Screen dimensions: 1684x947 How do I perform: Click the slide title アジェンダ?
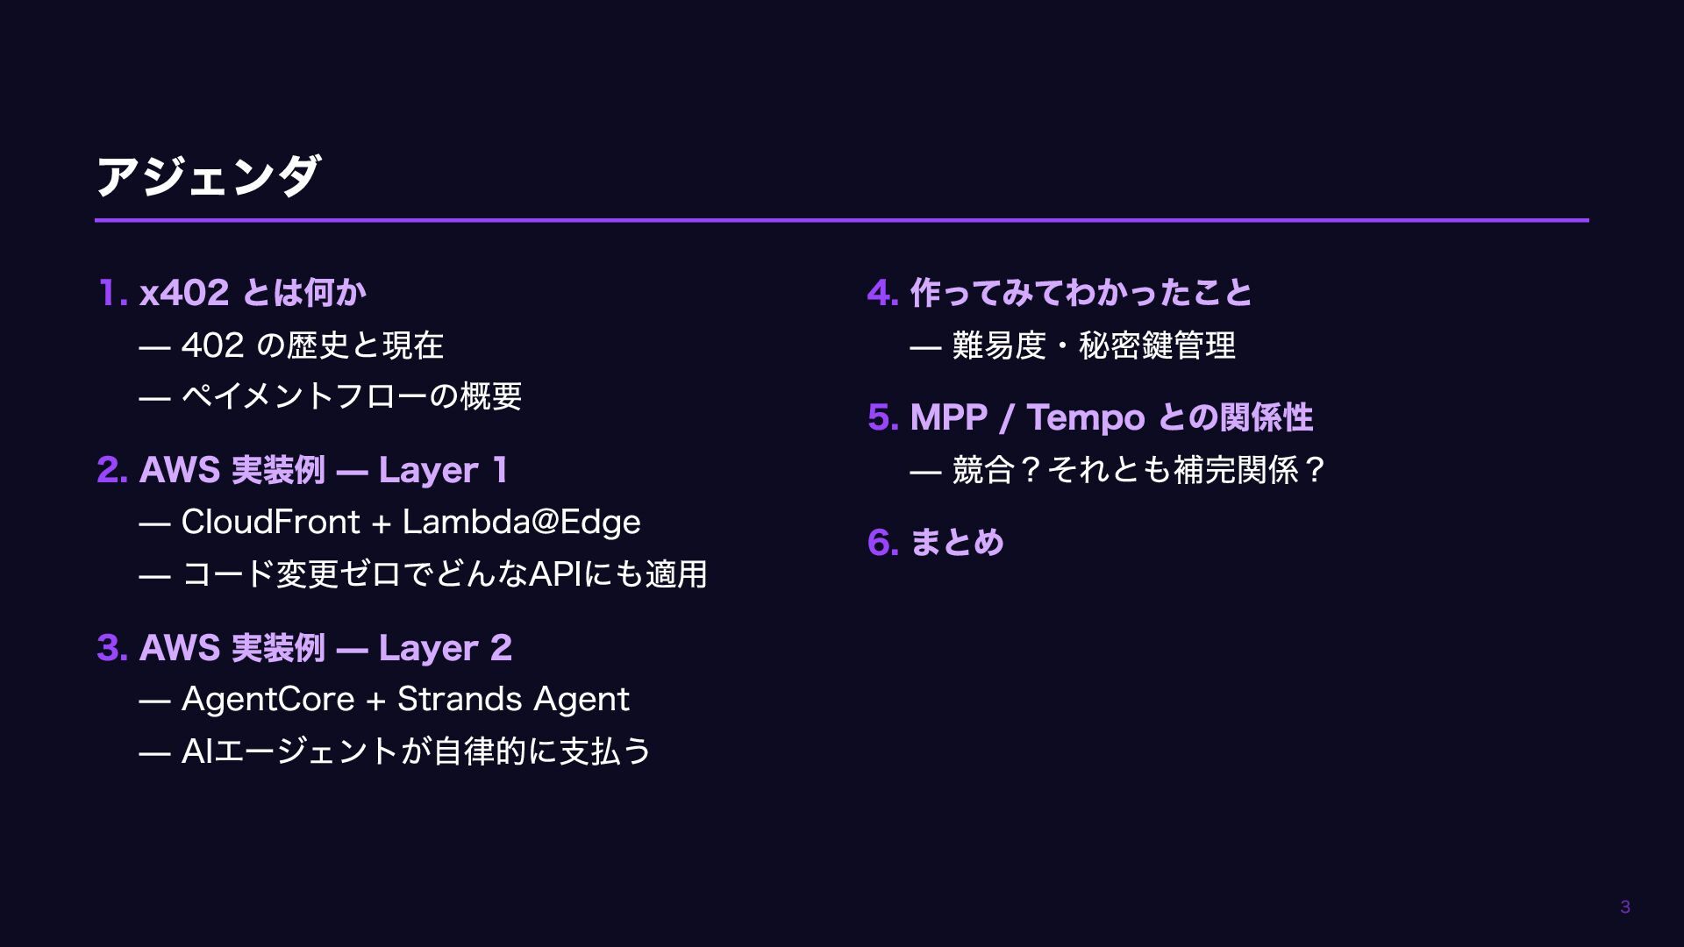[x=208, y=176]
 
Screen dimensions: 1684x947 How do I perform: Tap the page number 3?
[x=1624, y=908]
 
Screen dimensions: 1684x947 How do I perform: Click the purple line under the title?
[x=842, y=220]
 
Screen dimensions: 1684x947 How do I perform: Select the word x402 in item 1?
[x=184, y=293]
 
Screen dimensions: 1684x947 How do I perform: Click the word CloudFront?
[x=270, y=523]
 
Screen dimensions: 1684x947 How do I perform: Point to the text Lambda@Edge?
[x=521, y=523]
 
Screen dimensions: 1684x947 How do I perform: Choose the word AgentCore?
[x=268, y=700]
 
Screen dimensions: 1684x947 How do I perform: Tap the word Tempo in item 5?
[x=1085, y=418]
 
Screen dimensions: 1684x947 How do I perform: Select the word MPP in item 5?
[x=949, y=418]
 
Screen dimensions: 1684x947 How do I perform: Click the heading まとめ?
[x=957, y=543]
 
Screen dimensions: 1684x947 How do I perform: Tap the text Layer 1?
[x=443, y=471]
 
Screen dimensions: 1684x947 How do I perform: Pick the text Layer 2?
[x=446, y=649]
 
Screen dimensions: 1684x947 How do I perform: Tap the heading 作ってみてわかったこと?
[x=1081, y=293]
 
